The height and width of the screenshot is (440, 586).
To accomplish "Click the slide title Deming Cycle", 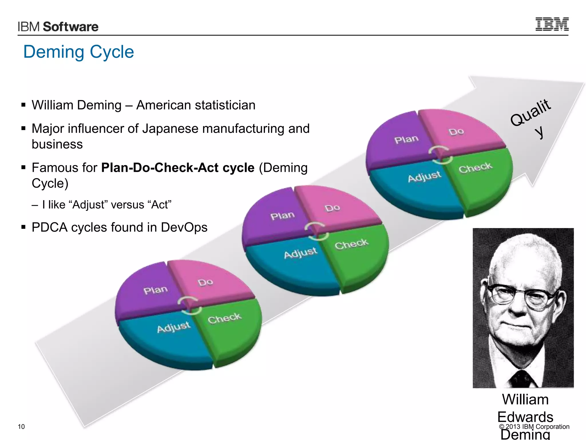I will point(78,52).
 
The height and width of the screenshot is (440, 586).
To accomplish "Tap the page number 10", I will point(21,427).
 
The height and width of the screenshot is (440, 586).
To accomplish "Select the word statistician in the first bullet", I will point(224,105).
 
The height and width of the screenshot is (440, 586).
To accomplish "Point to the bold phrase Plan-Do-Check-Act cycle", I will point(178,168).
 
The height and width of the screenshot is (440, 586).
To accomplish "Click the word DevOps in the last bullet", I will point(184,227).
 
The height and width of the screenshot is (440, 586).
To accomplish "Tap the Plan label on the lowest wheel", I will point(155,290).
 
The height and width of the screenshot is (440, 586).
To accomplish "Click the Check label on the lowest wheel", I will point(225,318).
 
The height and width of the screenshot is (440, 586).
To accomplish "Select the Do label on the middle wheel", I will point(332,208).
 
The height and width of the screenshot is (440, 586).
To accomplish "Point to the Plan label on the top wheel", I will point(406,140).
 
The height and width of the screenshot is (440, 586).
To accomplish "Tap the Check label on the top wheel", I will point(475,168).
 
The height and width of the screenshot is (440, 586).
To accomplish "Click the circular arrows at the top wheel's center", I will point(440,155).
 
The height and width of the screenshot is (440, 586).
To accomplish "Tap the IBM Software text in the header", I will point(58,27).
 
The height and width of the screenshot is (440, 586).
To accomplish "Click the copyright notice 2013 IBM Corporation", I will point(534,427).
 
